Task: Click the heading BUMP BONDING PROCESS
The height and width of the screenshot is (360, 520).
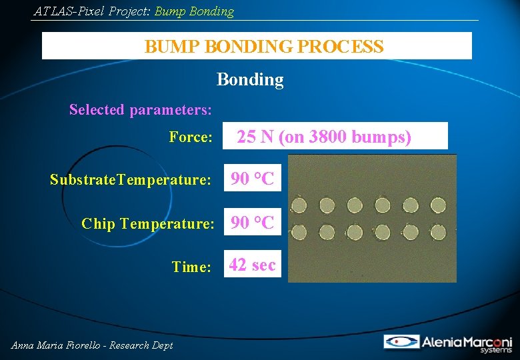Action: (x=264, y=47)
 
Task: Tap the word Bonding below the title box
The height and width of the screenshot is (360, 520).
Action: (x=250, y=80)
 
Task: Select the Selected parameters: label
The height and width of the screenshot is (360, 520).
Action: (x=141, y=109)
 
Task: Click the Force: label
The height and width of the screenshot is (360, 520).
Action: (x=191, y=137)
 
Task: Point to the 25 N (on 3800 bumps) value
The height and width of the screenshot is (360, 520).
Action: (x=324, y=137)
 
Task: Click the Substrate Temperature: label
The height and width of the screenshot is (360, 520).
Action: (x=131, y=179)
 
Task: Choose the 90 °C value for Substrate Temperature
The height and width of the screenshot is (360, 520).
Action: (x=252, y=179)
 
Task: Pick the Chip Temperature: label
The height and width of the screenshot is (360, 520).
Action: (x=147, y=223)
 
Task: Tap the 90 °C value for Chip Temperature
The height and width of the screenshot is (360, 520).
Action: (x=252, y=223)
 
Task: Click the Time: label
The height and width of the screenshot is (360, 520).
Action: (x=191, y=267)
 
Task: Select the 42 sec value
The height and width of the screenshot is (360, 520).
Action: (x=252, y=265)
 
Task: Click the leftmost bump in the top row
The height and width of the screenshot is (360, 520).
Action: (x=299, y=204)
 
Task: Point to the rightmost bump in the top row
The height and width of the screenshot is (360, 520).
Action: (x=438, y=204)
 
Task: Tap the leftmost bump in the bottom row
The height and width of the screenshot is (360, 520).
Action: (x=299, y=232)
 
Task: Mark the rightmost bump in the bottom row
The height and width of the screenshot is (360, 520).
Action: (x=438, y=232)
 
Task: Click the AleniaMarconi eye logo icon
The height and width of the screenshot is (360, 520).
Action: (x=401, y=341)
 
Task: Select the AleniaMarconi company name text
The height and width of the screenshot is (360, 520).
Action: (x=467, y=341)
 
